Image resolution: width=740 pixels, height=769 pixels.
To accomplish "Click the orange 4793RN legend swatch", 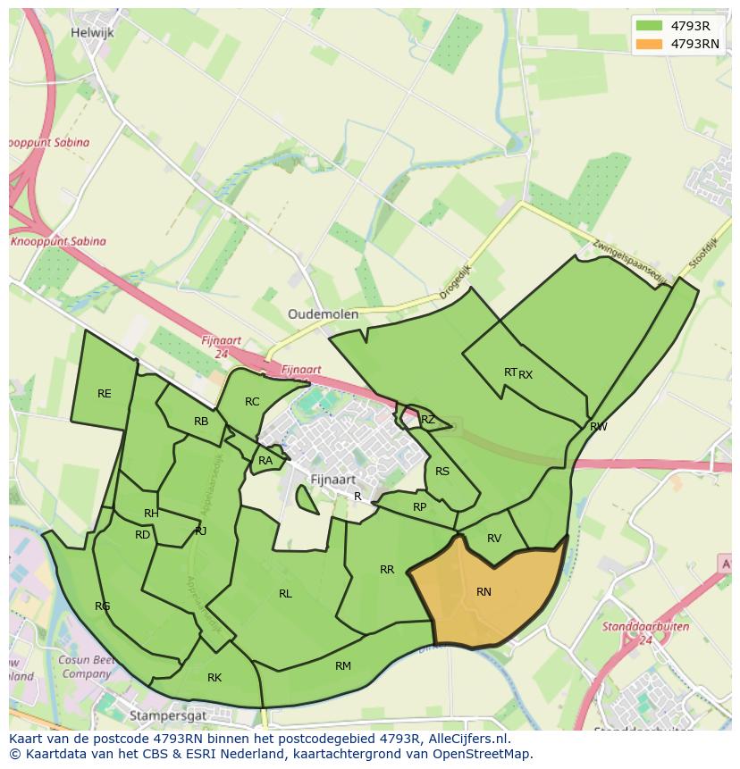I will (x=650, y=44).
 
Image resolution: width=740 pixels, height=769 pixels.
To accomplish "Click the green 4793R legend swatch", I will (x=650, y=26).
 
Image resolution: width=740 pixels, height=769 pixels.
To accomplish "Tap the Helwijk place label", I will (x=93, y=32).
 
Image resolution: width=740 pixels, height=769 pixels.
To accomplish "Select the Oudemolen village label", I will (x=323, y=314).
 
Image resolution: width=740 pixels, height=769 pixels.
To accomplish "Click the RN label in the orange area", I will (x=484, y=591).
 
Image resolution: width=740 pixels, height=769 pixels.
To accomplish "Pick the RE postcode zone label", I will (x=105, y=393).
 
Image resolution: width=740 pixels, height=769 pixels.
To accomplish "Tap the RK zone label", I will (x=214, y=678).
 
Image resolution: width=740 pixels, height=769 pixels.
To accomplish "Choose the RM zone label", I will (x=343, y=665).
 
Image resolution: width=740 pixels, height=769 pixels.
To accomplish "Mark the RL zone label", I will (x=285, y=593).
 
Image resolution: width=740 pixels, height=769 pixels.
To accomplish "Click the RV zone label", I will (x=494, y=538).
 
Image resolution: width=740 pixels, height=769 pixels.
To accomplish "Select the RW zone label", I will (x=599, y=427).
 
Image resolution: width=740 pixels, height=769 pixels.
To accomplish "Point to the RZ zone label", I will (x=428, y=419).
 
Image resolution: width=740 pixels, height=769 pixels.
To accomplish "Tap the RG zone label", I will (x=103, y=606).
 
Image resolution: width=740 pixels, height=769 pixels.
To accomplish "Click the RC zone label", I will (x=252, y=402).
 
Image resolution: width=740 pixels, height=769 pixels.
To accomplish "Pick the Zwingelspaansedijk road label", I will (x=630, y=260).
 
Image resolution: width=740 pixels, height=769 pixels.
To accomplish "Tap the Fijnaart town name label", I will (x=333, y=480).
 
